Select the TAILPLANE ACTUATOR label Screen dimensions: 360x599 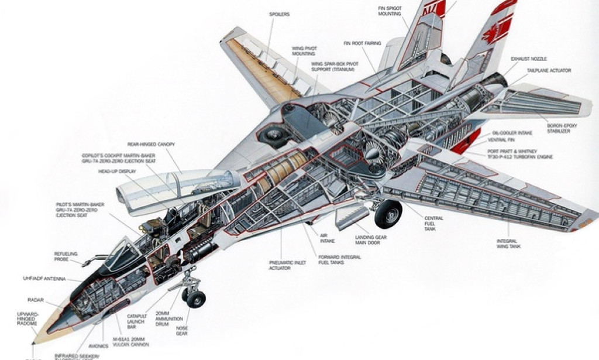549,70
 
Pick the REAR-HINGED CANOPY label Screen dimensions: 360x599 151,144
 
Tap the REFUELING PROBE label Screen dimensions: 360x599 66,256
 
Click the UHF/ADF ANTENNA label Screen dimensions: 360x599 60,279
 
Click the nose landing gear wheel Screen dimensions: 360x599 195,298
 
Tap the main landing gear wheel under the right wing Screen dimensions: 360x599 388,214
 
